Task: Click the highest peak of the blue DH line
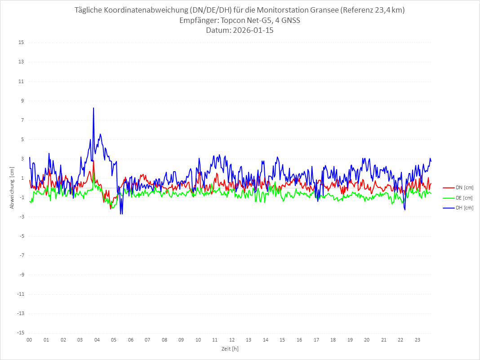coord(93,108)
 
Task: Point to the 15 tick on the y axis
coord(21,43)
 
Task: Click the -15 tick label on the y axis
coord(20,333)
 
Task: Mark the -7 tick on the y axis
coord(21,255)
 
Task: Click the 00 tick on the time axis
coord(29,340)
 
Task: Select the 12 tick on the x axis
coord(232,340)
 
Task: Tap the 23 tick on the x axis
coord(418,340)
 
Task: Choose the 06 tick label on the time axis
coord(131,340)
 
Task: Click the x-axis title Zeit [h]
coord(230,348)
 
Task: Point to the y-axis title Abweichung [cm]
coord(12,188)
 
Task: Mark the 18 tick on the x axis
coord(333,340)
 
